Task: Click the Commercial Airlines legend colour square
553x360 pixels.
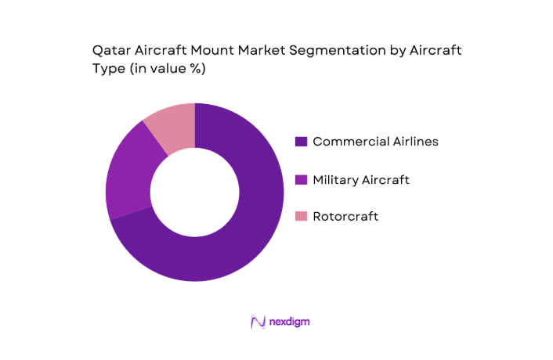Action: pyautogui.click(x=300, y=142)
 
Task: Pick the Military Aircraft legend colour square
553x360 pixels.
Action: pyautogui.click(x=300, y=180)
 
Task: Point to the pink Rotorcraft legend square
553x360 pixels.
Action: pyautogui.click(x=300, y=216)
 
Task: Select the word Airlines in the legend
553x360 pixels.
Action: pyautogui.click(x=412, y=142)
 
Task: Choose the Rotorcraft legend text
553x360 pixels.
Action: pyautogui.click(x=345, y=216)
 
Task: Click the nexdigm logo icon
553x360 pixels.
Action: pyautogui.click(x=257, y=322)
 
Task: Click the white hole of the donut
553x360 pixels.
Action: pyautogui.click(x=195, y=193)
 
